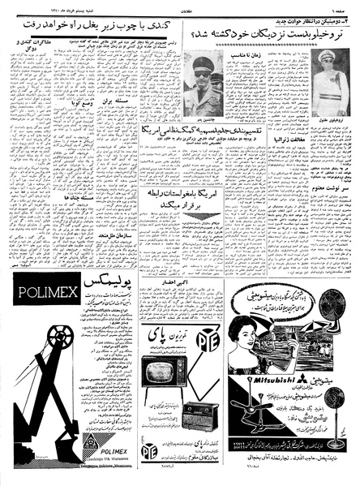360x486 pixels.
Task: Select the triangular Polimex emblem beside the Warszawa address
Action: click(92, 441)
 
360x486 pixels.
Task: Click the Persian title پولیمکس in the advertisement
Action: click(109, 290)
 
